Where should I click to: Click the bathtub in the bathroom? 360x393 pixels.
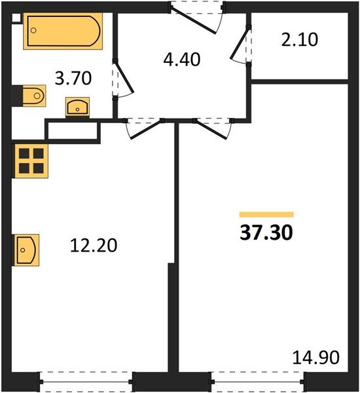[x=64, y=31]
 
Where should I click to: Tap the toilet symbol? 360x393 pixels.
[x=31, y=97]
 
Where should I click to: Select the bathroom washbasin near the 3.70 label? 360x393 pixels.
[x=79, y=107]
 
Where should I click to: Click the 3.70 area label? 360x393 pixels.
[x=73, y=79]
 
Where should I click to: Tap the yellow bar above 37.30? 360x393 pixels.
[x=266, y=214]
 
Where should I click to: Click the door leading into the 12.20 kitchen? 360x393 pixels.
[x=144, y=127]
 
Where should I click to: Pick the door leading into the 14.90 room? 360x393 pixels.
[x=213, y=127]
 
